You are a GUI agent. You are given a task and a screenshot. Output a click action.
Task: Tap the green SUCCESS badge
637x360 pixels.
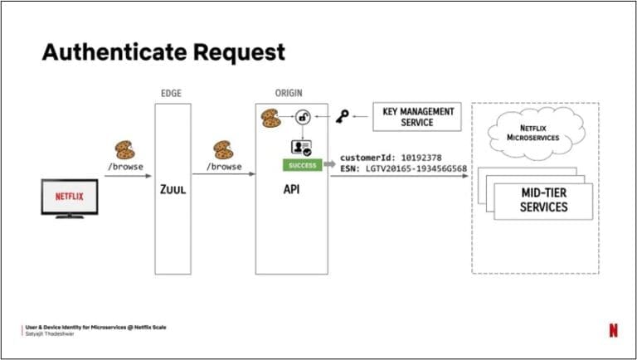(303, 166)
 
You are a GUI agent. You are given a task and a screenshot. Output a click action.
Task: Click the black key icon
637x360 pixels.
(343, 117)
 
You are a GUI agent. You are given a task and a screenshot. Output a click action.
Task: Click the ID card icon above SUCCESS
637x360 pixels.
(301, 147)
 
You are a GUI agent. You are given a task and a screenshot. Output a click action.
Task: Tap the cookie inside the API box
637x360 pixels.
(271, 118)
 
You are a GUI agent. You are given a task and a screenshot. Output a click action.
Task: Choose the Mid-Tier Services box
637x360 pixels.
(543, 200)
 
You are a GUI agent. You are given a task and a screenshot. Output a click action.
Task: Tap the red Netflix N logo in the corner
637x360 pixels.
(613, 330)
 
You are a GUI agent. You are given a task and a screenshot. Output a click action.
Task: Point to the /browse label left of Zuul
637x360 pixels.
(125, 167)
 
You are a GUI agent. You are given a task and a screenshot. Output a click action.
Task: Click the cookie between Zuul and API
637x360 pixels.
(223, 149)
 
